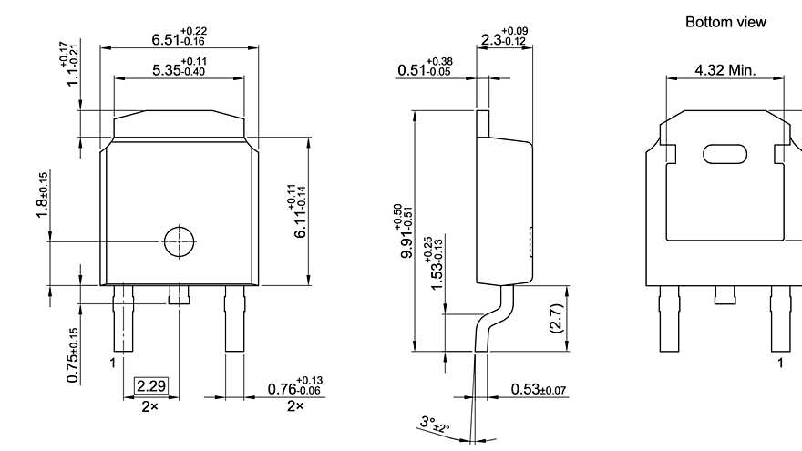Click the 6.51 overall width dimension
pos(179,38)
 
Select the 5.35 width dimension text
pos(179,69)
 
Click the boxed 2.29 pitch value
pos(151,385)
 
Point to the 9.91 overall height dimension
pos(401,233)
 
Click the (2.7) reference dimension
pos(557,318)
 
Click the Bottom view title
pos(725,21)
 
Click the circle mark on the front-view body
pos(179,241)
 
